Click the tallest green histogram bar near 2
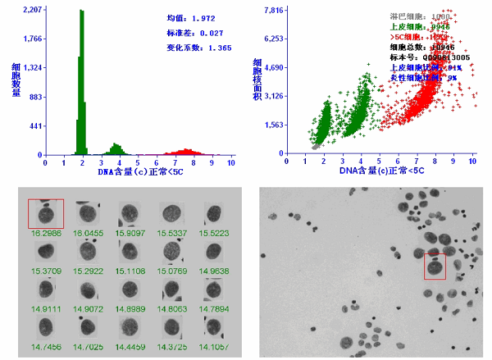[x=81, y=82]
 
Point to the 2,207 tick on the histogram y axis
[x=34, y=10]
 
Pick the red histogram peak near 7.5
[x=185, y=151]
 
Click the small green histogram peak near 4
[x=116, y=149]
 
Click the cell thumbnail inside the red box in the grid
[x=46, y=214]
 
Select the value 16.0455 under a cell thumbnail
[x=88, y=234]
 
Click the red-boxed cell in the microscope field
[x=435, y=267]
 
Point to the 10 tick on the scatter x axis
[x=473, y=163]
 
